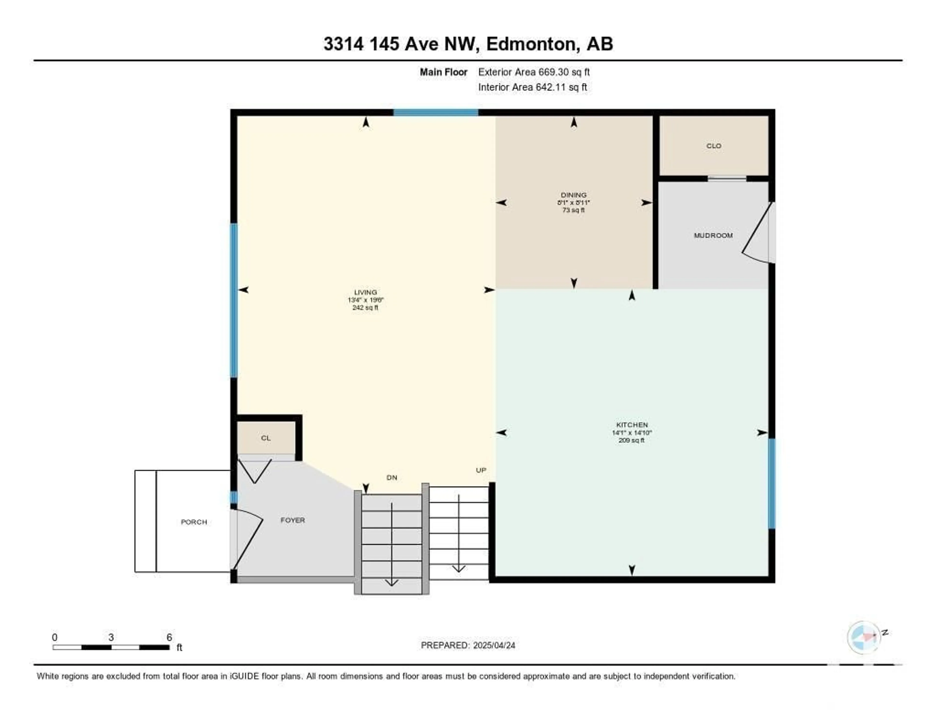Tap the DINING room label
(574, 195)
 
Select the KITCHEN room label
(632, 425)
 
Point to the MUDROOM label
(713, 235)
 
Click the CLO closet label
(713, 146)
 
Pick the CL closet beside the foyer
(266, 438)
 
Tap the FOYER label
(293, 520)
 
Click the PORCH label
(194, 522)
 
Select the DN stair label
(392, 478)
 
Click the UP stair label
(481, 470)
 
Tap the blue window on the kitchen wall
(771, 483)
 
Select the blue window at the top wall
(436, 113)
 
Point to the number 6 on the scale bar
(169, 637)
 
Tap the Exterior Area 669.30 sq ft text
(534, 72)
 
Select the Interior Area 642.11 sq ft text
(533, 87)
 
